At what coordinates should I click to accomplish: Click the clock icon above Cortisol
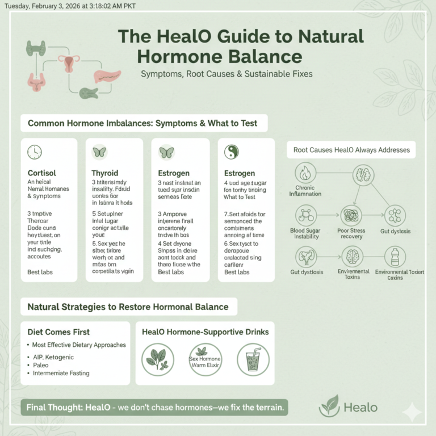coord(35,152)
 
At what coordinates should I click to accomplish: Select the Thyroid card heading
coord(105,173)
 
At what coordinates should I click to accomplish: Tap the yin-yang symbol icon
coord(232,152)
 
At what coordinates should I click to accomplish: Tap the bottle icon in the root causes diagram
coord(395,257)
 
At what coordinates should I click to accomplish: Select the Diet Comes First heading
coord(58,332)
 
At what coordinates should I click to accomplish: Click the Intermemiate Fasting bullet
coord(61,373)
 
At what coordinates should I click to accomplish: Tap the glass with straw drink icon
coord(253,360)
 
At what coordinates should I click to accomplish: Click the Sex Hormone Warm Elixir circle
coord(205,360)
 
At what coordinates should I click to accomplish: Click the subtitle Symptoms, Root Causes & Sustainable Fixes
coord(227,74)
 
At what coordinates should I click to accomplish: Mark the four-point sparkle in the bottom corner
coord(412,412)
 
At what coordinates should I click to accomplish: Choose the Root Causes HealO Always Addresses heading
coord(351,150)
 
